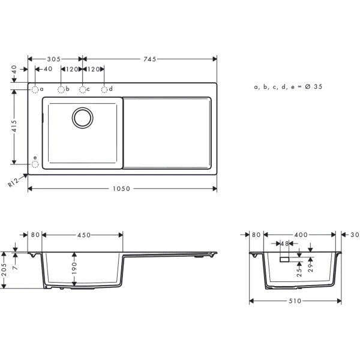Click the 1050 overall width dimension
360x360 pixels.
tap(122, 188)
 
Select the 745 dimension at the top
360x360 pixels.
tap(149, 59)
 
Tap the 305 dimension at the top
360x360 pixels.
tap(55, 59)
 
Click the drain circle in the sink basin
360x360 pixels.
tap(82, 118)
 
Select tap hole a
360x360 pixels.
tap(35, 89)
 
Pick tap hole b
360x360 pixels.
tap(61, 89)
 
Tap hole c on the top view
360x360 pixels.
tap(83, 89)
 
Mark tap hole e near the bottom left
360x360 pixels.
tap(35, 163)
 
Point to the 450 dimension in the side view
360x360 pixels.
tap(83, 235)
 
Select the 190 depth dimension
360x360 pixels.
tap(74, 266)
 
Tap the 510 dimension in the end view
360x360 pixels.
tap(295, 301)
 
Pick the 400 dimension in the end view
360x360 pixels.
tap(301, 235)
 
